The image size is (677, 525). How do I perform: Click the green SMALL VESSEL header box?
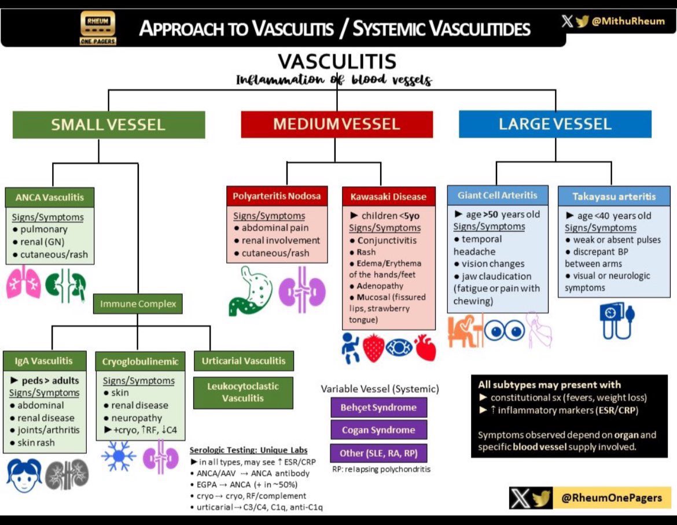point(108,124)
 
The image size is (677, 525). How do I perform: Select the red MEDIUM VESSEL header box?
point(336,124)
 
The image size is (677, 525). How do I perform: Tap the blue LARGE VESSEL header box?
point(555,124)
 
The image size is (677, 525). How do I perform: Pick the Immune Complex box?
point(138,304)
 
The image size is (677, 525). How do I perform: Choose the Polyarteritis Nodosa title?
point(277,196)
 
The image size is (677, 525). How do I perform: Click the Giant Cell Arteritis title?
point(498,195)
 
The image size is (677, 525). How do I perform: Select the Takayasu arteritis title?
point(614,197)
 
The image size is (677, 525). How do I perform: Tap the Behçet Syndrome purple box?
point(378,407)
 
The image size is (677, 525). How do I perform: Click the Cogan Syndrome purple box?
point(378,430)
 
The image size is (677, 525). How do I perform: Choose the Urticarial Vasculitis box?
point(244,361)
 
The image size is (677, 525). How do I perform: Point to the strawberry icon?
point(374,348)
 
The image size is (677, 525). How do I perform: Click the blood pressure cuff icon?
point(614,321)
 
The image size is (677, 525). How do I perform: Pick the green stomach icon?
point(249,290)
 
